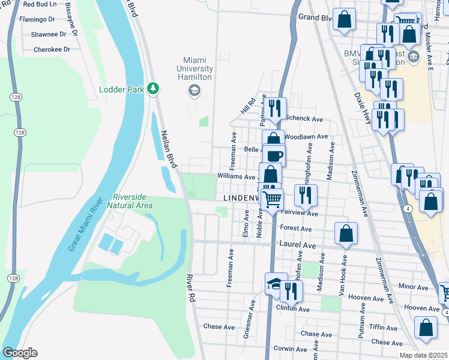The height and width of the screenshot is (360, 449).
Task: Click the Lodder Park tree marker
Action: pos(153,89)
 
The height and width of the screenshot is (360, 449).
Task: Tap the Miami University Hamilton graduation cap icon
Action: pos(193,91)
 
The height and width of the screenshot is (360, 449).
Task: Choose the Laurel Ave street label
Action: pos(298,245)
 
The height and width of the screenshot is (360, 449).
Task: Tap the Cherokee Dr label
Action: pos(48,50)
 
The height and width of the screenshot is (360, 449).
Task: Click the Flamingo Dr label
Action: pos(37,19)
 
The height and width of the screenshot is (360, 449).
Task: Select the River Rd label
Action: pos(190,289)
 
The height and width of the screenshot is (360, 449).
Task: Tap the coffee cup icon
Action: pos(274,155)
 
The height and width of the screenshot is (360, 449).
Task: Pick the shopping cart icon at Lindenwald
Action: pos(272,199)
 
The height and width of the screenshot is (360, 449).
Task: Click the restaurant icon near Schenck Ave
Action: pos(276,109)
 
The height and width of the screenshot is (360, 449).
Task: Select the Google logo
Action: pos(20,353)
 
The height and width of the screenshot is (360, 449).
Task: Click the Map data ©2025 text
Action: pos(423,355)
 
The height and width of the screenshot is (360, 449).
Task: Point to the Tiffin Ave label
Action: pos(384,328)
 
